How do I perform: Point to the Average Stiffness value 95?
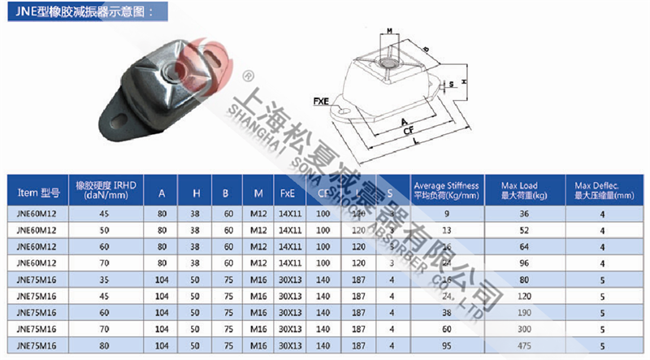click(446, 346)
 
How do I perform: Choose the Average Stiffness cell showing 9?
click(446, 213)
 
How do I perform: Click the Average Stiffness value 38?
click(446, 313)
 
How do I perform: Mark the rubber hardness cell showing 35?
click(104, 280)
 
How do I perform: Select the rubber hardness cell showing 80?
click(104, 346)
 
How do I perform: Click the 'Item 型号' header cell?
click(38, 194)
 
